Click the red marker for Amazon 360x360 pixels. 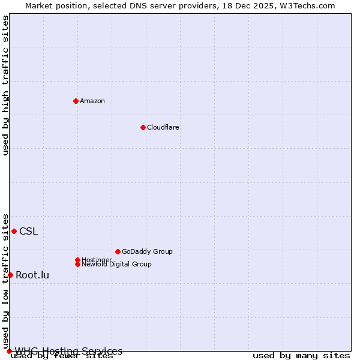click(76, 101)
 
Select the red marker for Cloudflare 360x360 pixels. click(143, 127)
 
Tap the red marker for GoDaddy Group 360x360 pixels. click(118, 251)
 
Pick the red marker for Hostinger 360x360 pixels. click(77, 260)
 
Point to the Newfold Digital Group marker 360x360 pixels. click(77, 264)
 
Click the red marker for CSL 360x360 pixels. click(14, 231)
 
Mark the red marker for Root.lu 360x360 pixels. click(10, 275)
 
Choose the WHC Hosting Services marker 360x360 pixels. click(9, 351)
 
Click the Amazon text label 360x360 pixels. click(92, 101)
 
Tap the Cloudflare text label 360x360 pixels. click(163, 127)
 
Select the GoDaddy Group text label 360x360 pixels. click(147, 251)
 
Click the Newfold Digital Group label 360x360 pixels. click(117, 264)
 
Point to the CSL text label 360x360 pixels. click(28, 232)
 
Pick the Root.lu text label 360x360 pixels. click(32, 275)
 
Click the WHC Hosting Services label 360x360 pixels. click(69, 351)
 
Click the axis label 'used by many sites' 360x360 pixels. click(301, 356)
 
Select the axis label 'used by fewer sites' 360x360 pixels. click(62, 356)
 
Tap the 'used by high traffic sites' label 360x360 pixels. click(6, 85)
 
